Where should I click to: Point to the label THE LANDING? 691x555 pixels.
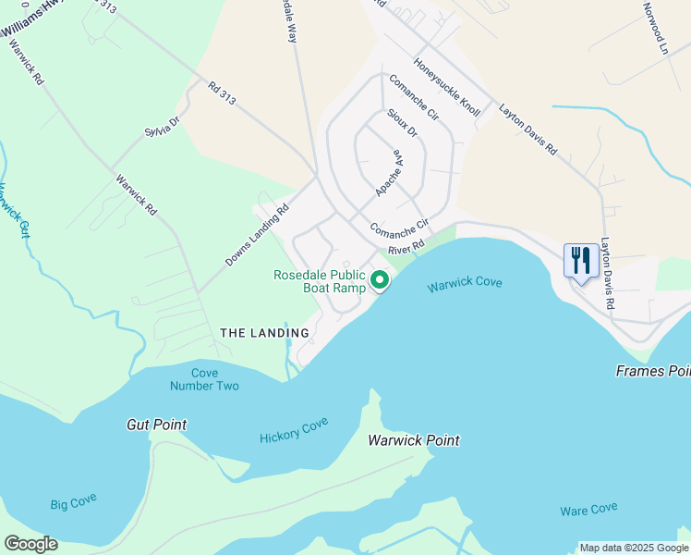[264, 333]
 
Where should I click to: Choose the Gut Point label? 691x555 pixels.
[156, 425]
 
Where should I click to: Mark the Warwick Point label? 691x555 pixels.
[413, 440]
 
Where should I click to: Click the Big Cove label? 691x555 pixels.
[73, 504]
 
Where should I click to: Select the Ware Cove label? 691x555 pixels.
[588, 510]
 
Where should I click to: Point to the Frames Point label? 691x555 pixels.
[653, 371]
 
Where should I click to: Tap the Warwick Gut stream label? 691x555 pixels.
[12, 212]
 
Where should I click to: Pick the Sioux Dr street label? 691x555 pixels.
[402, 123]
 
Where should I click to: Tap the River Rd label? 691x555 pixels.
[406, 248]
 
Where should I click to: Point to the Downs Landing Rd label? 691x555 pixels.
[257, 236]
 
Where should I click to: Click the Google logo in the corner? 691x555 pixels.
[30, 544]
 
